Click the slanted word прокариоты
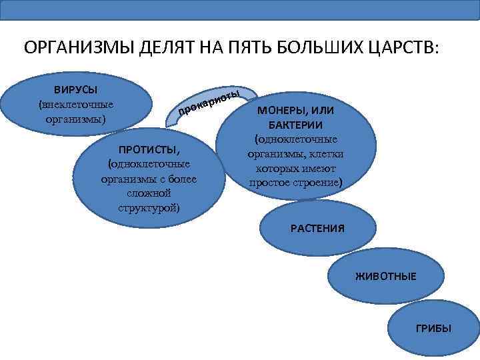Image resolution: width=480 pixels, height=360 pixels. (x=209, y=103)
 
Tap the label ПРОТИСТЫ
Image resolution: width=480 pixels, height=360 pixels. (x=149, y=149)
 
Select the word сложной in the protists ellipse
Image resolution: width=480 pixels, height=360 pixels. (x=149, y=193)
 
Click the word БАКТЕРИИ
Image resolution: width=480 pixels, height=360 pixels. (x=296, y=125)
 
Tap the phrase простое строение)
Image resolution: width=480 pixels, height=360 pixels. (x=296, y=183)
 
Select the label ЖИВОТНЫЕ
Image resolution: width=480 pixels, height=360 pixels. (x=385, y=276)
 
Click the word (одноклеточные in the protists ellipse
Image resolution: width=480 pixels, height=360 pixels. (x=149, y=164)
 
